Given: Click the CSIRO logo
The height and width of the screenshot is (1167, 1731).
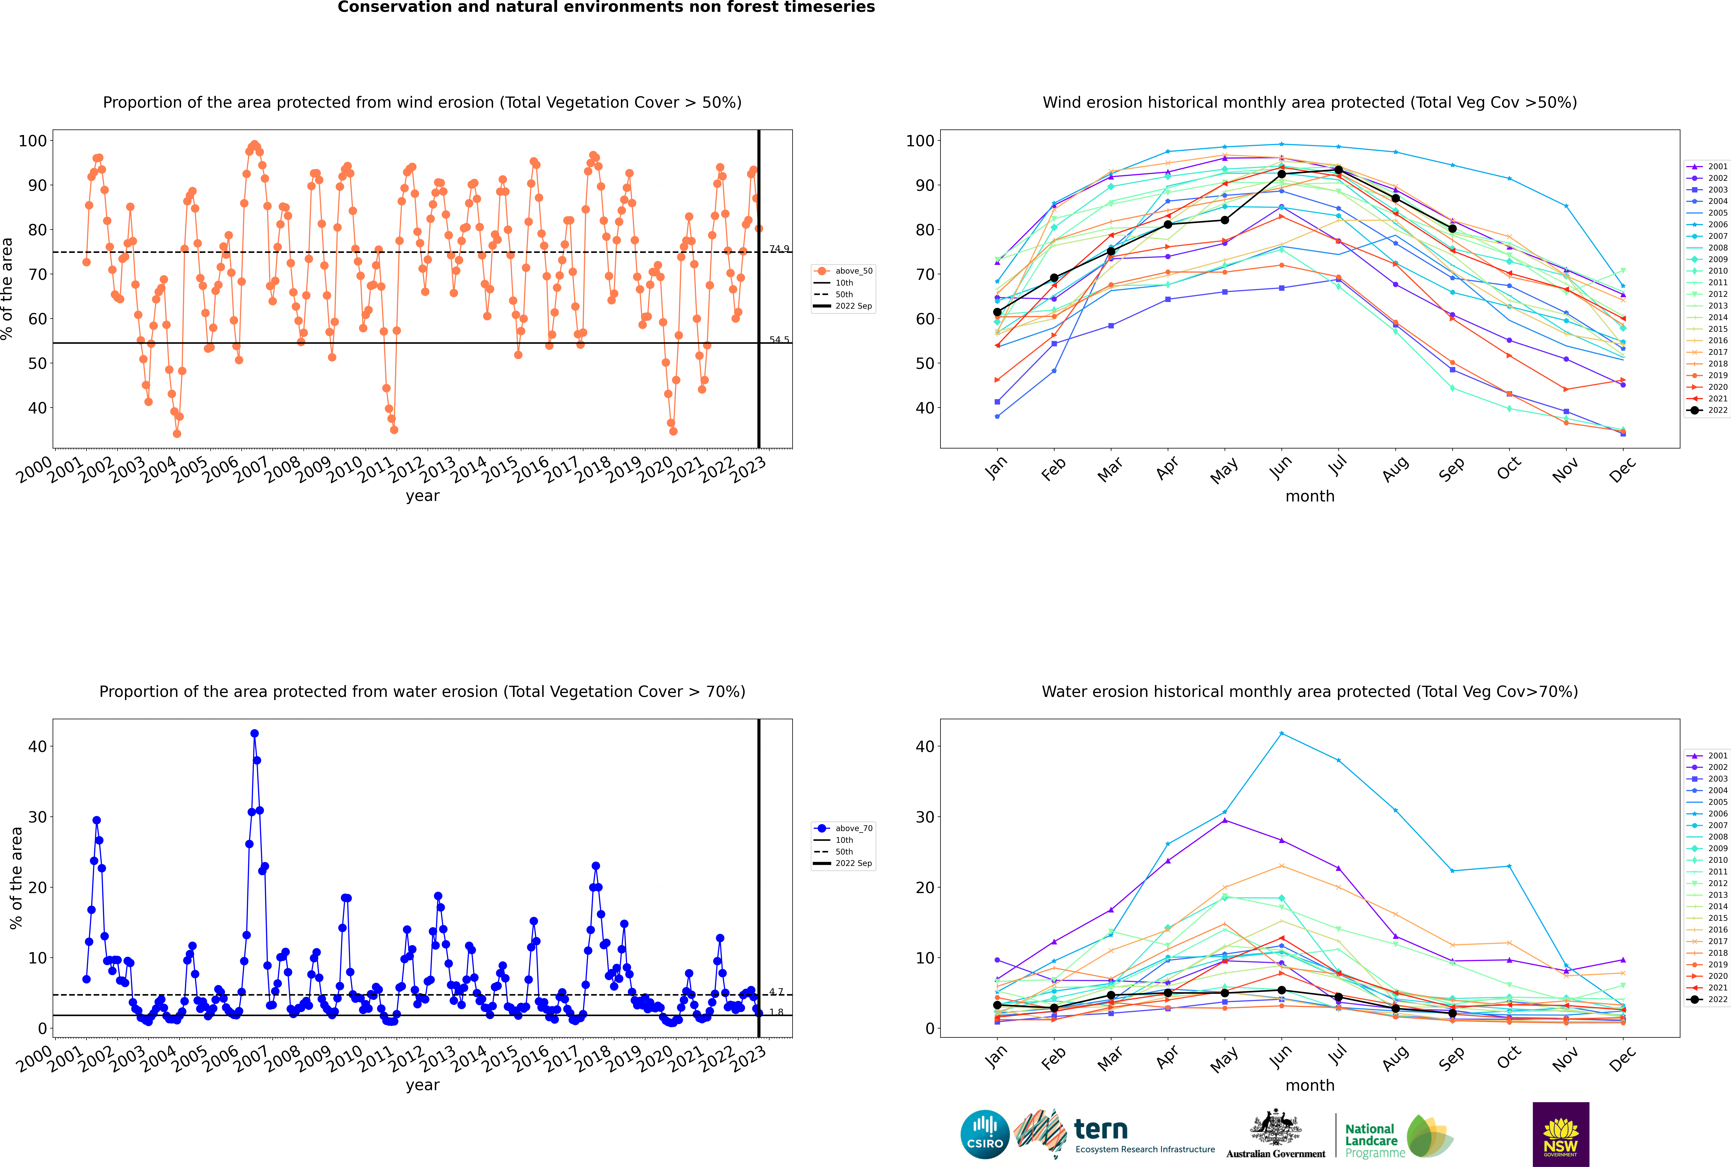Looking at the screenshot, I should coord(985,1134).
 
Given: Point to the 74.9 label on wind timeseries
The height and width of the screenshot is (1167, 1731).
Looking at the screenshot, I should coord(779,249).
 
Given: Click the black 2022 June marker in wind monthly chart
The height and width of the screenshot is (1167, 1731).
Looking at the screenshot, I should coord(1281,174).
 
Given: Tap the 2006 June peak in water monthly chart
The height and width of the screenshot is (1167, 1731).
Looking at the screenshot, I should coord(1281,734).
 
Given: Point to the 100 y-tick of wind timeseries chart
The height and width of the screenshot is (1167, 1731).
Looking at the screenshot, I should coord(33,141).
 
